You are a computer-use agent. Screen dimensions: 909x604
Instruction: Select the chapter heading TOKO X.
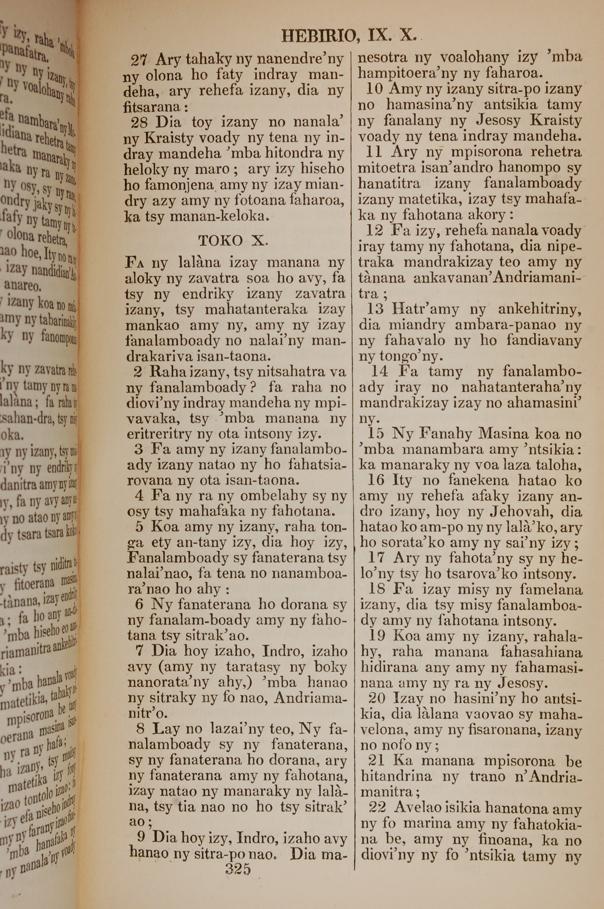[x=232, y=241]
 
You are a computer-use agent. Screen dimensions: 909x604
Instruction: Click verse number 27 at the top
[x=139, y=60]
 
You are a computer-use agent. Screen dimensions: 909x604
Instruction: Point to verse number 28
[x=139, y=123]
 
